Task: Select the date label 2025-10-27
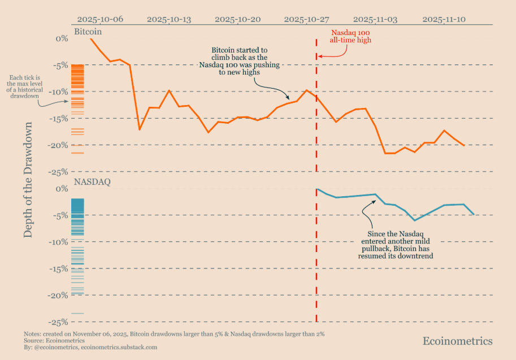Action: pyautogui.click(x=306, y=19)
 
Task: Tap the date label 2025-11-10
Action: pyautogui.click(x=444, y=19)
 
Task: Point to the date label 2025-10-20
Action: pyautogui.click(x=237, y=19)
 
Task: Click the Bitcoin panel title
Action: pyautogui.click(x=92, y=32)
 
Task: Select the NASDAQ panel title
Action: pyautogui.click(x=92, y=183)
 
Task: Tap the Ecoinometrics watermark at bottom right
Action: pyautogui.click(x=457, y=341)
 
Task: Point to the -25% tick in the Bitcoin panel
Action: pyautogui.click(x=59, y=172)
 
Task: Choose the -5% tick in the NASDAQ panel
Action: pyautogui.click(x=60, y=215)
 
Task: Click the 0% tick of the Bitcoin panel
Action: pyautogui.click(x=61, y=38)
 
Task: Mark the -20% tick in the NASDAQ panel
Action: pyautogui.click(x=59, y=296)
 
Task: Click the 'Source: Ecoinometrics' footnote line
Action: pyautogui.click(x=54, y=340)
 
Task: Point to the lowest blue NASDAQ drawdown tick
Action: pyautogui.click(x=77, y=313)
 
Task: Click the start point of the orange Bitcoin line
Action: pyautogui.click(x=90, y=38)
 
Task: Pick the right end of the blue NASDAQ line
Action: pyautogui.click(x=474, y=214)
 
